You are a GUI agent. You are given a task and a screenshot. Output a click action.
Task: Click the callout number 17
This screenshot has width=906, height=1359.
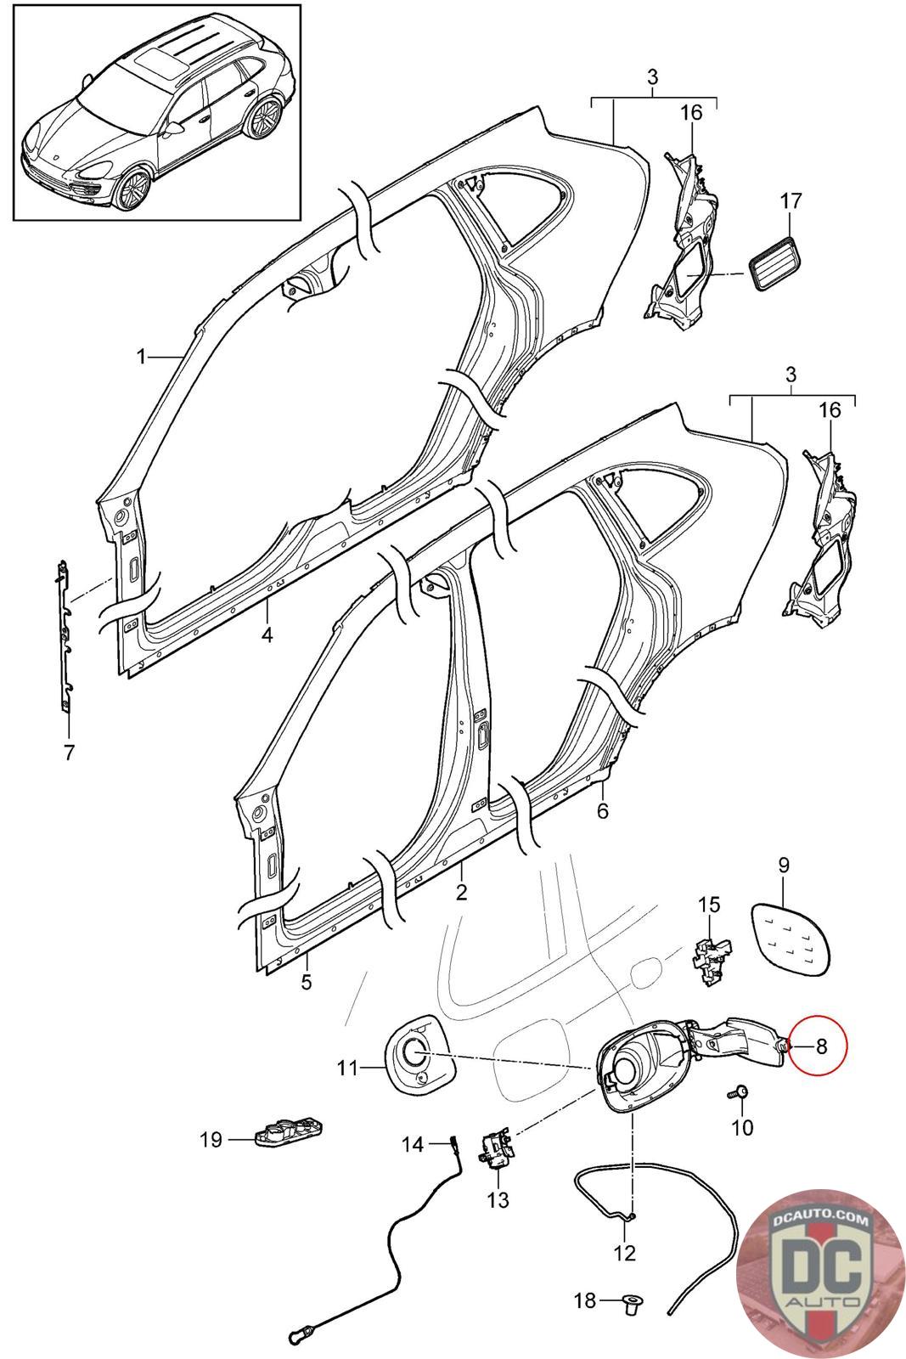(791, 200)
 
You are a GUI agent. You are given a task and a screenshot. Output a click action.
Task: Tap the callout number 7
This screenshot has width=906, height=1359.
(69, 753)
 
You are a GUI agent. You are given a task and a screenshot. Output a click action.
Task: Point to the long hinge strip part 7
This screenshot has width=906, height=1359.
(65, 636)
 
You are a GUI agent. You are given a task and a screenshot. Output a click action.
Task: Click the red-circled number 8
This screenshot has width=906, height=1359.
(822, 1046)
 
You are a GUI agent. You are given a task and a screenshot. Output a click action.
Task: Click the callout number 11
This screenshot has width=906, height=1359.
(348, 1068)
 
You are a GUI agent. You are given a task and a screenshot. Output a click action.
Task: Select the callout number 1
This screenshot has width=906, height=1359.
(141, 357)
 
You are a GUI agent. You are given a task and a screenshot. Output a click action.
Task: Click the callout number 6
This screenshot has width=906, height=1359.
(602, 810)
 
